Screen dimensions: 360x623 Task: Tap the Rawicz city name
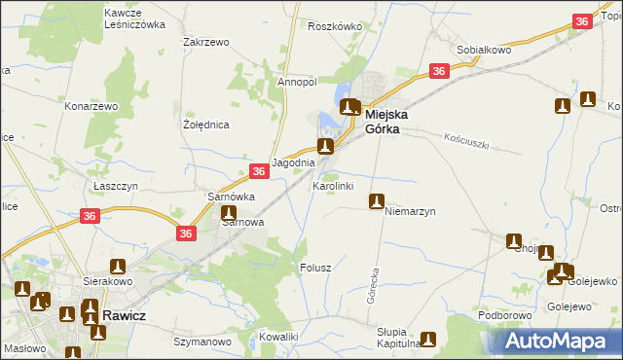pyautogui.click(x=124, y=316)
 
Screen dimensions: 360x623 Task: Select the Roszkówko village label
pyautogui.click(x=334, y=26)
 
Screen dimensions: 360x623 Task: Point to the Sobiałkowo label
pyautogui.click(x=484, y=49)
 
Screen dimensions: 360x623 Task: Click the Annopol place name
pyautogui.click(x=297, y=83)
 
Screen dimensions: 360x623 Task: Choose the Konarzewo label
pyautogui.click(x=91, y=105)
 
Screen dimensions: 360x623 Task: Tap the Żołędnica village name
pyautogui.click(x=205, y=126)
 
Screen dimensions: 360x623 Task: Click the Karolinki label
pyautogui.click(x=332, y=185)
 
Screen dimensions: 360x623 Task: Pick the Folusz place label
pyautogui.click(x=316, y=267)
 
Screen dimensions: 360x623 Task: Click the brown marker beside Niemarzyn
pyautogui.click(x=376, y=201)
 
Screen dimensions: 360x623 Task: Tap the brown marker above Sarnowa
pyautogui.click(x=229, y=213)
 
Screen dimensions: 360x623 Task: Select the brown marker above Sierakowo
pyautogui.click(x=118, y=266)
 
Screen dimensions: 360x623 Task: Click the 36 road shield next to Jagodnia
pyautogui.click(x=258, y=171)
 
